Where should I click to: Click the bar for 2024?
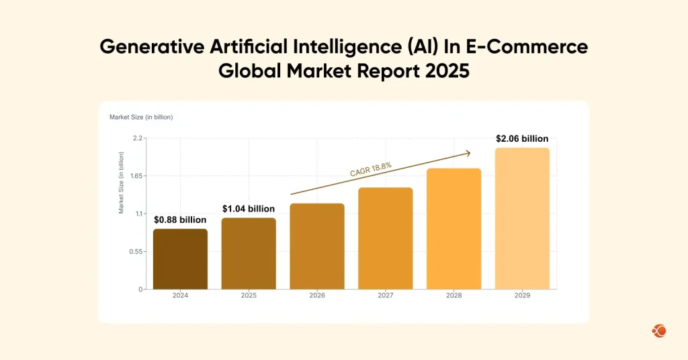click(x=180, y=259)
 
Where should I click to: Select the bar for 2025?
click(x=249, y=254)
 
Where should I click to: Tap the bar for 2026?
click(x=317, y=246)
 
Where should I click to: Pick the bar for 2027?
click(x=385, y=238)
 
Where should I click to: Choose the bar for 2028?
click(x=454, y=229)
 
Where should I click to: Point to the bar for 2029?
click(x=522, y=219)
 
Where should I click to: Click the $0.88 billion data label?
click(x=180, y=220)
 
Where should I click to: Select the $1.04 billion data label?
click(x=249, y=209)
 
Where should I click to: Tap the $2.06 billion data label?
click(x=522, y=138)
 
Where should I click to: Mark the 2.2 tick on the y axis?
click(x=138, y=138)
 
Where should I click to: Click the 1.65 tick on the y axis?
click(x=136, y=176)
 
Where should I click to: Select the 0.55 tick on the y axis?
click(x=136, y=252)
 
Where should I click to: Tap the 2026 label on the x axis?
click(x=317, y=296)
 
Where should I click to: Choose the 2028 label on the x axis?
click(x=454, y=296)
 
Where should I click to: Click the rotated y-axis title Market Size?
click(x=122, y=183)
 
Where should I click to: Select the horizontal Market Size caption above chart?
click(x=141, y=118)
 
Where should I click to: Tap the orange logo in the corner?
click(x=658, y=330)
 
